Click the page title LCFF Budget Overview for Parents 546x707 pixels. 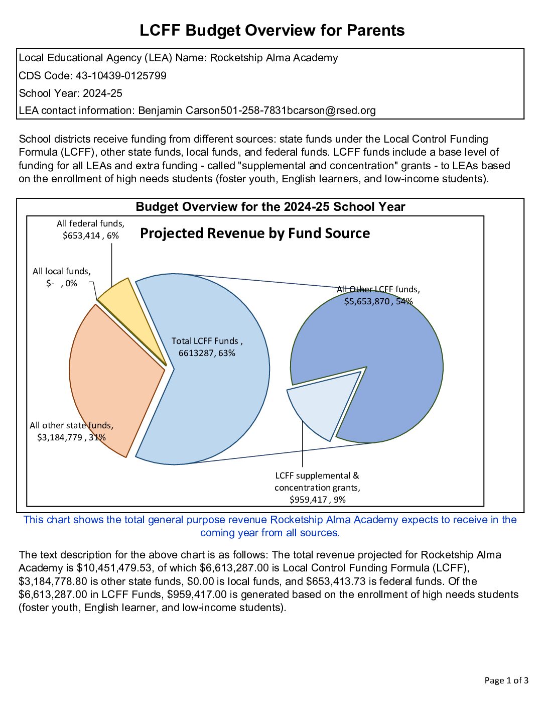272,31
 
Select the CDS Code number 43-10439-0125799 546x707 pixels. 121,76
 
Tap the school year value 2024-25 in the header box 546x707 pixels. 102,93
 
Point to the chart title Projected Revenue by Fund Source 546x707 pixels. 255,233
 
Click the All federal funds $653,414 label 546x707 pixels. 91,229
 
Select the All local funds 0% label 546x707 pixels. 62,277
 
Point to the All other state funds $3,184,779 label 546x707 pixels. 71,431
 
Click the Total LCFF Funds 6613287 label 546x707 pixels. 207,347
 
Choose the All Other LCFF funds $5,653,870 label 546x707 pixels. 378,295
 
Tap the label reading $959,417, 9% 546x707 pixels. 318,500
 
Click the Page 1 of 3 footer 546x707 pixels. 506,680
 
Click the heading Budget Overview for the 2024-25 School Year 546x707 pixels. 270,207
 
